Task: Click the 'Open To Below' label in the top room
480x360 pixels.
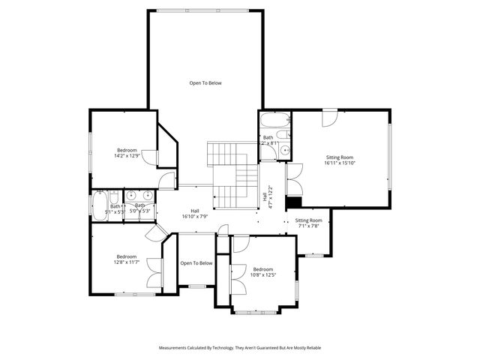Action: pyautogui.click(x=205, y=82)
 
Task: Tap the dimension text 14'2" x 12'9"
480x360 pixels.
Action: pyautogui.click(x=127, y=156)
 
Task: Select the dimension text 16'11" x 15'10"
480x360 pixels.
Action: pyautogui.click(x=339, y=163)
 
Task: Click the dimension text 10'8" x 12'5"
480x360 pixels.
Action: pyautogui.click(x=262, y=275)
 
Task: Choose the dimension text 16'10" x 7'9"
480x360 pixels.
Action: pyautogui.click(x=194, y=217)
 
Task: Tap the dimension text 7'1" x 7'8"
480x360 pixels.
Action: pyautogui.click(x=308, y=226)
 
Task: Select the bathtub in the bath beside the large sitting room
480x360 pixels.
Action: pyautogui.click(x=270, y=121)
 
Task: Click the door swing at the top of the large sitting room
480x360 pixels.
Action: pyautogui.click(x=330, y=118)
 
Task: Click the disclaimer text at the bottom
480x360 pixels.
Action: pyautogui.click(x=240, y=348)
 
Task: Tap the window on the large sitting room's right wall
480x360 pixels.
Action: pyautogui.click(x=390, y=157)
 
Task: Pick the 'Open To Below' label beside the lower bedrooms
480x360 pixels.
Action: pyautogui.click(x=196, y=263)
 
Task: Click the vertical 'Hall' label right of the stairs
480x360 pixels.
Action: pyautogui.click(x=265, y=196)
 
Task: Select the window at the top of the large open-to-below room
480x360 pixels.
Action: pyautogui.click(x=205, y=10)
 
